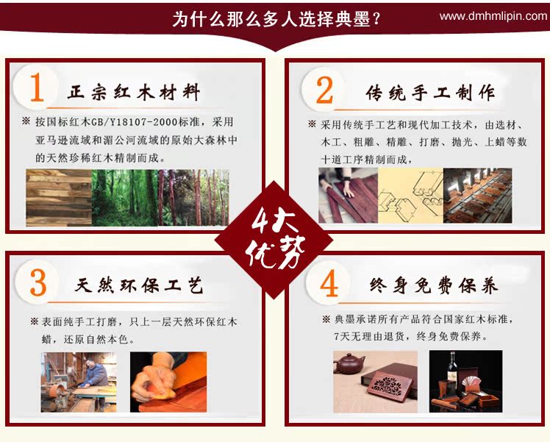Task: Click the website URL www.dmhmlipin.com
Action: pyautogui.click(x=493, y=16)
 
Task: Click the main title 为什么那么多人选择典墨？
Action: pyautogui.click(x=276, y=19)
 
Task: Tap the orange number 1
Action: pyautogui.click(x=37, y=88)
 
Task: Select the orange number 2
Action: pyautogui.click(x=324, y=90)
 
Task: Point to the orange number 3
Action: pyautogui.click(x=38, y=283)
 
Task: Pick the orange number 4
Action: pyautogui.click(x=329, y=284)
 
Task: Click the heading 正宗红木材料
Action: pyautogui.click(x=134, y=92)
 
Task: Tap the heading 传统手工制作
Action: pyautogui.click(x=430, y=93)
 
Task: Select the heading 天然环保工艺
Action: pyautogui.click(x=139, y=285)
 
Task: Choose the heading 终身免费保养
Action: pyautogui.click(x=434, y=285)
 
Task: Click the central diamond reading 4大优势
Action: pyautogui.click(x=274, y=240)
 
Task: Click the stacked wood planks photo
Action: pyautogui.click(x=59, y=198)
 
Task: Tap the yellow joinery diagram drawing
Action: pyautogui.click(x=410, y=195)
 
